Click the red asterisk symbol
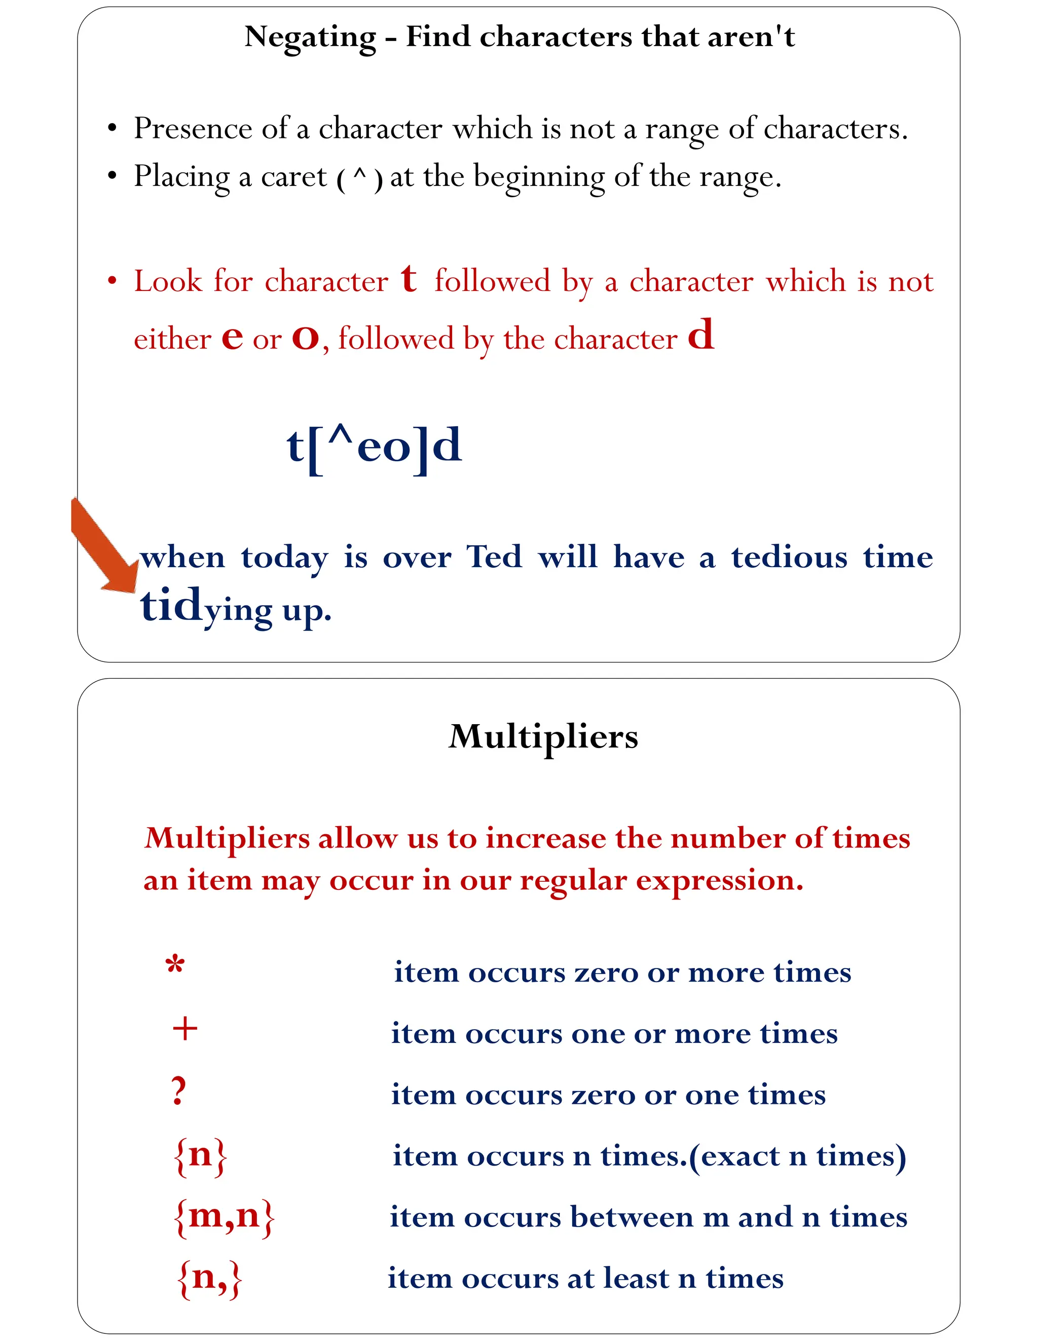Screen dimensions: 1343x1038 click(175, 965)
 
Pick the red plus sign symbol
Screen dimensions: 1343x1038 click(185, 1029)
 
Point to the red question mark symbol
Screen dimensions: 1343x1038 click(178, 1090)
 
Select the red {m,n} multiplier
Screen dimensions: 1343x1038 click(225, 1216)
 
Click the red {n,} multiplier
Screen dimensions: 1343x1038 click(210, 1278)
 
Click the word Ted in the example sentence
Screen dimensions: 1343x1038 click(494, 556)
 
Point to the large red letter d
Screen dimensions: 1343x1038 click(700, 335)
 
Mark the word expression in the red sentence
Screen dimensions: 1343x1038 click(720, 881)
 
